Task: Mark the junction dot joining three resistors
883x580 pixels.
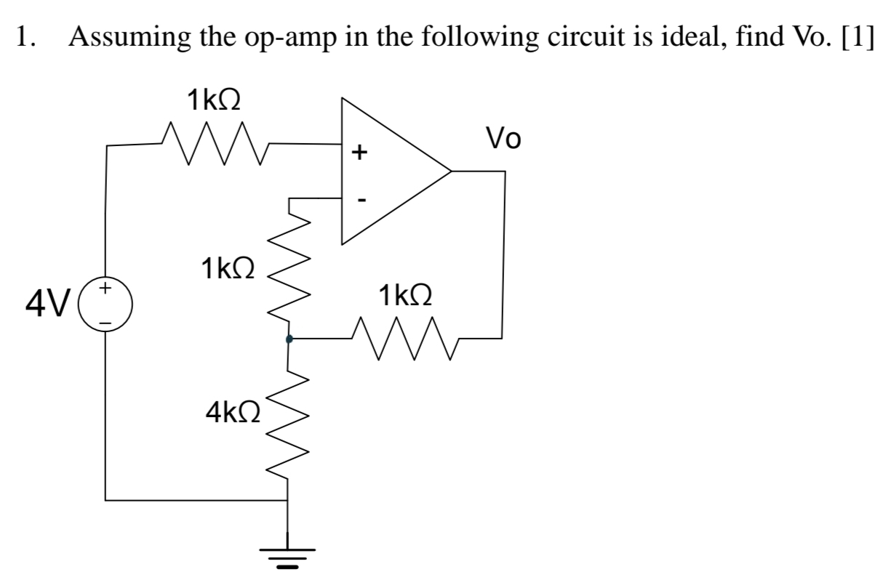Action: pos(289,339)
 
